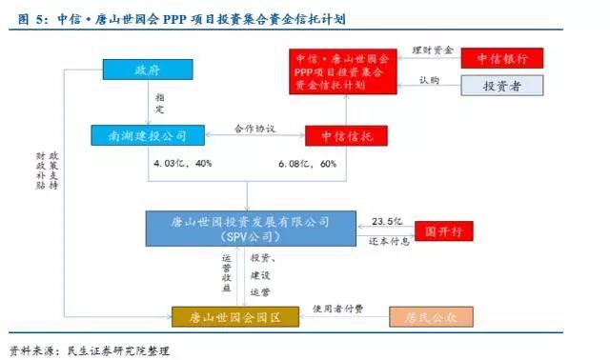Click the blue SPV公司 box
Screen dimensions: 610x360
[x=246, y=228]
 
